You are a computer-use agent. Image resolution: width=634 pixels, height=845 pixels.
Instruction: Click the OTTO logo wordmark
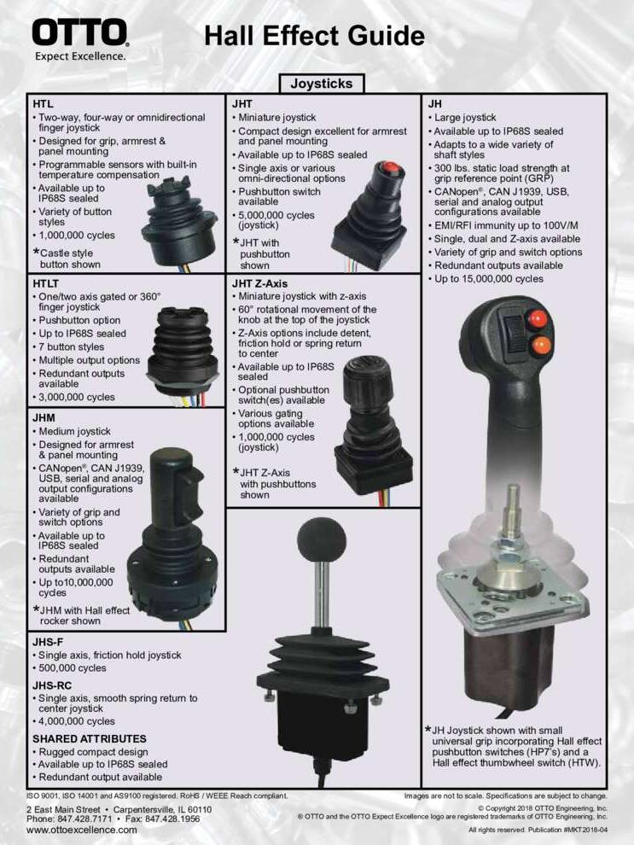point(79,33)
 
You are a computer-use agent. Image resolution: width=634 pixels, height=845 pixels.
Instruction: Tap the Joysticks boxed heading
point(322,84)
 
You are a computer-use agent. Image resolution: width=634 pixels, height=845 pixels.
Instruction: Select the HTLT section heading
point(46,283)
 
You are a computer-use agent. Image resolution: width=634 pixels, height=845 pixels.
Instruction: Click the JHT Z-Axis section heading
point(259,283)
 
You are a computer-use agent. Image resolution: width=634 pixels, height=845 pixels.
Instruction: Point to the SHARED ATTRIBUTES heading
point(90,739)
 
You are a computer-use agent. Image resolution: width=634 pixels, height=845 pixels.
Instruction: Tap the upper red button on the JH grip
point(537,319)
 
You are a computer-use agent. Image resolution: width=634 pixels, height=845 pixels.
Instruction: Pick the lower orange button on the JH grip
point(540,345)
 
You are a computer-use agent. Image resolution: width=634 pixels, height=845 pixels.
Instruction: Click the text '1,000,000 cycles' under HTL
point(77,236)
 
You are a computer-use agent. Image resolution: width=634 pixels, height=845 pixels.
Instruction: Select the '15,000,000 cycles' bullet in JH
point(489,279)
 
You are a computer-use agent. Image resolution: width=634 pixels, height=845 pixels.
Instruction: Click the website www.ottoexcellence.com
point(81,830)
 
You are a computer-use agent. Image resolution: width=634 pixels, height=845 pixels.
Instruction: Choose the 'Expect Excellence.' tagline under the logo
point(80,56)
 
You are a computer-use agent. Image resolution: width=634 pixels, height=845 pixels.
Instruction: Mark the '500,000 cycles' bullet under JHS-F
point(73,668)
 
